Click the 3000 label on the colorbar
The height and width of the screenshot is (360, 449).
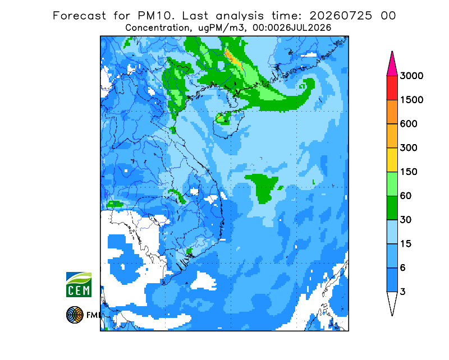411,76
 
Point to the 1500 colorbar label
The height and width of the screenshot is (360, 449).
411,100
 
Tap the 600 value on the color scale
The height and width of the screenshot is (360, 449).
409,124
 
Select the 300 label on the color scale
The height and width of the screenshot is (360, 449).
409,148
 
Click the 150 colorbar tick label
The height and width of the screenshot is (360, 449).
409,172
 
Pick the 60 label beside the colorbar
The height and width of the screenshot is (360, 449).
406,196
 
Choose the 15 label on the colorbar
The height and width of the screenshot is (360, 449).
406,244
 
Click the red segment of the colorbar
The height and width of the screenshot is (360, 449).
392,88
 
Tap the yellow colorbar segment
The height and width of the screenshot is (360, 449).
392,160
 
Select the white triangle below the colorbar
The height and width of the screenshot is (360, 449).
392,302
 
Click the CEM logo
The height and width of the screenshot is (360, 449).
79,284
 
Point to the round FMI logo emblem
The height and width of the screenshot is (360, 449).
75,315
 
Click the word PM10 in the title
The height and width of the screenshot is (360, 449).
156,16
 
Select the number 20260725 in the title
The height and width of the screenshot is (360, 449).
341,16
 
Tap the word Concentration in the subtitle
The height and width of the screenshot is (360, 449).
158,28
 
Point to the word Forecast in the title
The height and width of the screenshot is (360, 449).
79,16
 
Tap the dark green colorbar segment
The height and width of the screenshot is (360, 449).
392,208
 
